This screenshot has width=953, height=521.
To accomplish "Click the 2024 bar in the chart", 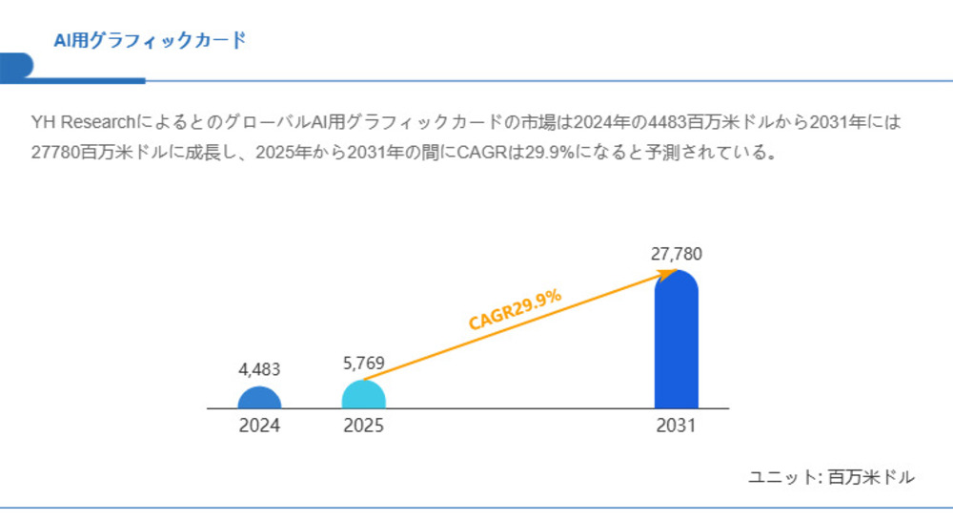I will (x=259, y=398).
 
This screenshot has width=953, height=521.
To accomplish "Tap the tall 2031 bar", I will (x=676, y=344).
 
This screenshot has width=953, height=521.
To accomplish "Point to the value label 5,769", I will (x=363, y=364).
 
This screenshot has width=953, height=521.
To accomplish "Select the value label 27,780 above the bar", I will (x=677, y=255).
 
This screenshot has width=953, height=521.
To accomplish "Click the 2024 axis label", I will (x=259, y=427).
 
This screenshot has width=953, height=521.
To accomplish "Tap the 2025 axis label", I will (x=363, y=427).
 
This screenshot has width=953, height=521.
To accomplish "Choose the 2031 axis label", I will (x=676, y=427).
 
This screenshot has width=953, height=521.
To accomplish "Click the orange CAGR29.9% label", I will (x=515, y=310).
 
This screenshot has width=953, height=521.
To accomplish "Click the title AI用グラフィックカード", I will (x=150, y=41).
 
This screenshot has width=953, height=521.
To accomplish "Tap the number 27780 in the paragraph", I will (x=54, y=153).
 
